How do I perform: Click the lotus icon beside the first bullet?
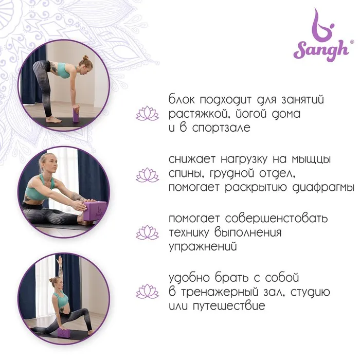147,114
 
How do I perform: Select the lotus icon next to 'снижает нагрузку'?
147,175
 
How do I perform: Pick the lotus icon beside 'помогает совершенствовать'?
147,232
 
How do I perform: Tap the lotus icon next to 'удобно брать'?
147,292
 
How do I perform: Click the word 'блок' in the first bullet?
182,99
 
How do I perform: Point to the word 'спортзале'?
221,128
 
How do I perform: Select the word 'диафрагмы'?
323,188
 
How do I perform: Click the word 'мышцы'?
311,160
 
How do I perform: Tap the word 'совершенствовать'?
276,219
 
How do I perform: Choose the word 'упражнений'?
203,247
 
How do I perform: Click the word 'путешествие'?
229,306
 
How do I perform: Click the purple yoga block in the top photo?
76,115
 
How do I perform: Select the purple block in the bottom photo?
64,332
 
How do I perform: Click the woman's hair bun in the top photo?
86,57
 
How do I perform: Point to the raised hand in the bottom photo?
60,260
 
